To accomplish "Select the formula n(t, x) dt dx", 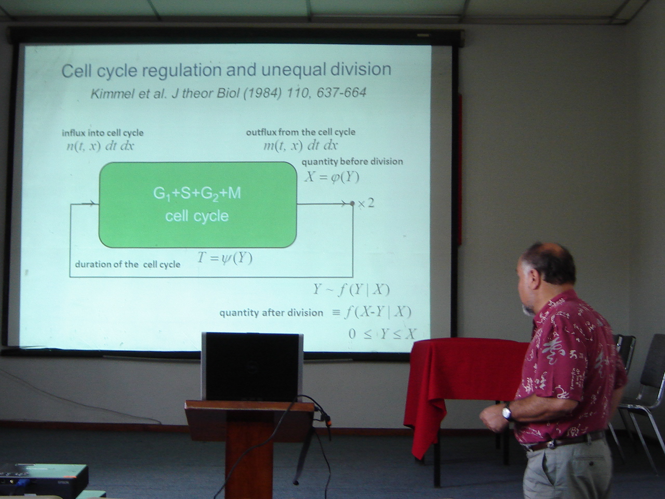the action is (x=100, y=147).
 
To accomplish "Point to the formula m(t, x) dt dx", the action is (x=300, y=146).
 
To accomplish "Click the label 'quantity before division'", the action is (x=352, y=162).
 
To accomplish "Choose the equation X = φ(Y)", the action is (x=332, y=177).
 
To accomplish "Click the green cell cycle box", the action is (x=198, y=205).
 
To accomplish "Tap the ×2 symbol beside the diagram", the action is (x=366, y=204).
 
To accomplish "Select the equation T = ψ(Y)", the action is (x=224, y=259).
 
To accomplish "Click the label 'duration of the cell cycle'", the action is (x=128, y=265).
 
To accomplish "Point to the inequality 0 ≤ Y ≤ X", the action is (x=382, y=334).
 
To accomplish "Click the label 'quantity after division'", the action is (x=271, y=313).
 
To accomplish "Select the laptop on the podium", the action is (x=252, y=367).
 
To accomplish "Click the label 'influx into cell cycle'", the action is (x=103, y=133).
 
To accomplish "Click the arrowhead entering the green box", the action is (x=94, y=204).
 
